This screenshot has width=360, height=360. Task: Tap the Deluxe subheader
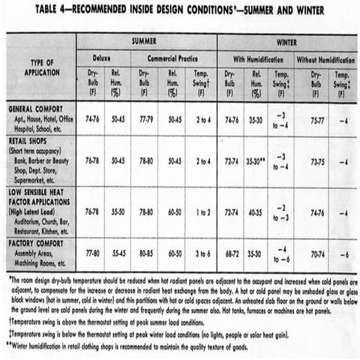point(101,58)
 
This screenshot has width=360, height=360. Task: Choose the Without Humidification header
point(325,58)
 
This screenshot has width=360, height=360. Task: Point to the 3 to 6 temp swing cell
point(203,254)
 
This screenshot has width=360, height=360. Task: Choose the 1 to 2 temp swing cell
point(203,212)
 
